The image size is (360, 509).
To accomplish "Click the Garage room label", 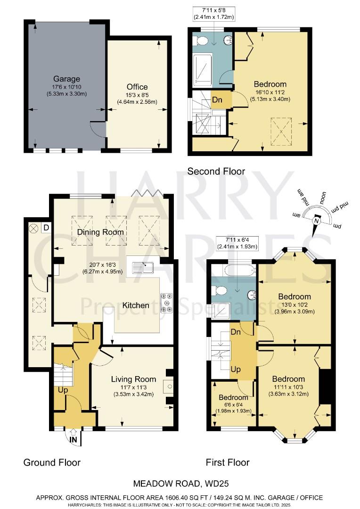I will point(66,79).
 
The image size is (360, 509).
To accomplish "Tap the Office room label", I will point(137,87).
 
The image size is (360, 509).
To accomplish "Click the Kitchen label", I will point(136,305).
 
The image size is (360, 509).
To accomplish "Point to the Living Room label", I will point(133,379).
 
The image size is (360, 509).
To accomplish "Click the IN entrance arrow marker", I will point(74,440).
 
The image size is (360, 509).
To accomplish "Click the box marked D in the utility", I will point(46,228).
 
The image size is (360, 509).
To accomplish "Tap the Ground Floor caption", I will point(52,462).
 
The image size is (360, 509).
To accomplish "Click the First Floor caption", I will point(228,462).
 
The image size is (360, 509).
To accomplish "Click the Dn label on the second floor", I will point(217,100).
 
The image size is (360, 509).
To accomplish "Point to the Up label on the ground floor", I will point(62,391).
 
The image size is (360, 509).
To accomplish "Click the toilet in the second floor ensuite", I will point(203,41).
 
